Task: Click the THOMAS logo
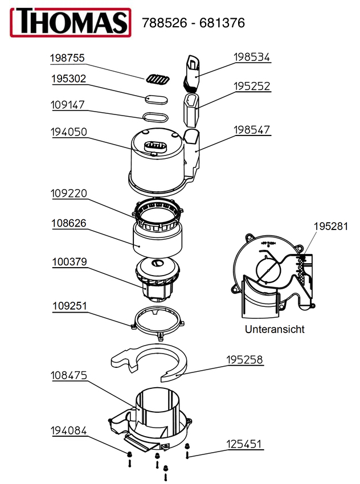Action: tap(71, 22)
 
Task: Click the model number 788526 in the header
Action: tap(165, 23)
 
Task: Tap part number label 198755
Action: tap(67, 58)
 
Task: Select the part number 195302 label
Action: tap(68, 79)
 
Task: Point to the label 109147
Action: tap(68, 105)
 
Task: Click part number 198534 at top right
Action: tap(252, 57)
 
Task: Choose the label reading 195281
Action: tap(331, 226)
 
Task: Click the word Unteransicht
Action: tap(275, 329)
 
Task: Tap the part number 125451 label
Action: tap(244, 444)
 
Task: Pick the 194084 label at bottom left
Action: tap(68, 430)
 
